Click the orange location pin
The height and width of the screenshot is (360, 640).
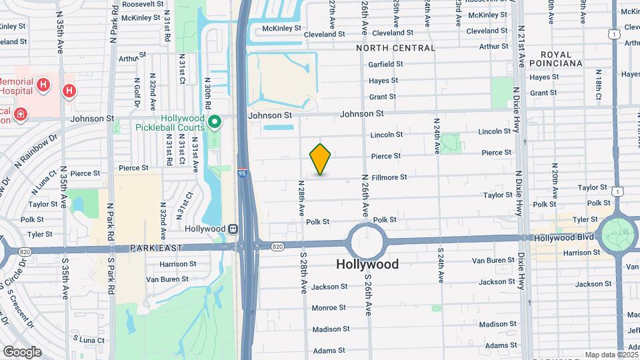click(x=321, y=159)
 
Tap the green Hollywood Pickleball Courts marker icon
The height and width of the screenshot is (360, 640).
click(x=215, y=122)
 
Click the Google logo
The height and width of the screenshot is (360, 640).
click(x=21, y=351)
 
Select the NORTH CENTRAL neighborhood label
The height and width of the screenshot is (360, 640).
click(x=395, y=48)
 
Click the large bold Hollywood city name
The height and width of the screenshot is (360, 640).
click(x=367, y=264)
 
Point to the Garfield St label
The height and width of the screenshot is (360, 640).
click(x=386, y=65)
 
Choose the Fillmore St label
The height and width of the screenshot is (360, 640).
click(x=407, y=177)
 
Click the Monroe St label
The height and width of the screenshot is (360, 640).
click(x=329, y=307)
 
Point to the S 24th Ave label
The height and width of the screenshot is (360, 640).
click(x=441, y=265)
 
